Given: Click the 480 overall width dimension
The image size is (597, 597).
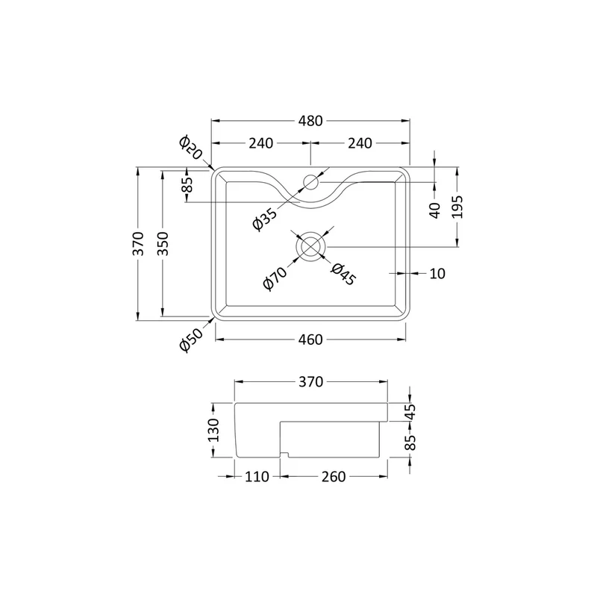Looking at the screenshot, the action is tap(310, 121).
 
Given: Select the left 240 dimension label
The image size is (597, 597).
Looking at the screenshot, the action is tap(260, 143).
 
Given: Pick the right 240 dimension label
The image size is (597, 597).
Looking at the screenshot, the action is tap(360, 143).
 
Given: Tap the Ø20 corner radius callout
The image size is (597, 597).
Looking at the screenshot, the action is tap(190, 147).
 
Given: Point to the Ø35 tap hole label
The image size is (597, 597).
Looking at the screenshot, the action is tap(265, 219).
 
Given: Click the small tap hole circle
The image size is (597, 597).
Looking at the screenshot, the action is tap(311, 182).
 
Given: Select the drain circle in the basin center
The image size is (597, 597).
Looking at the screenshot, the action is tap(311, 246).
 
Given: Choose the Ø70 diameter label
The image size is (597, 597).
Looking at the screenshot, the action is tap(275, 278).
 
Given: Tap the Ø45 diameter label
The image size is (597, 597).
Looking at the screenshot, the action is tap(343, 274).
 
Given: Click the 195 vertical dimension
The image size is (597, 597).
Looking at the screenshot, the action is tap(457, 207).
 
